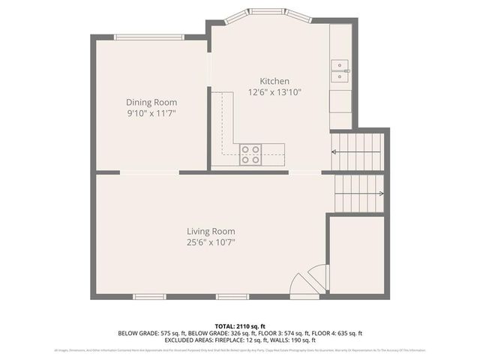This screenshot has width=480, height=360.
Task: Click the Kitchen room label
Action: click(274, 81)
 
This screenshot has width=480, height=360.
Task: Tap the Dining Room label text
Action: click(151, 102)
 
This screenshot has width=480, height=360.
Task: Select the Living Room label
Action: click(211, 231)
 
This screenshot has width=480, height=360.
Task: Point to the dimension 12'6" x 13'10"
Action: click(274, 92)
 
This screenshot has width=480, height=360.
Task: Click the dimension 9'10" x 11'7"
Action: click(151, 113)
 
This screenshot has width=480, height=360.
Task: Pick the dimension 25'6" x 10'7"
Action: click(211, 242)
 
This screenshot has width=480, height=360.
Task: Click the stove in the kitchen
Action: click(250, 154)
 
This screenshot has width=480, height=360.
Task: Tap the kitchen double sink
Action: click(341, 70)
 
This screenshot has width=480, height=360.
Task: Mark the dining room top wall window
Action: click(148, 36)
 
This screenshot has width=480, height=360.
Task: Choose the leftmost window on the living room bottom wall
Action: click(150, 297)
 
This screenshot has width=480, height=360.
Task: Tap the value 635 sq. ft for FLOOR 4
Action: click(348, 333)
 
